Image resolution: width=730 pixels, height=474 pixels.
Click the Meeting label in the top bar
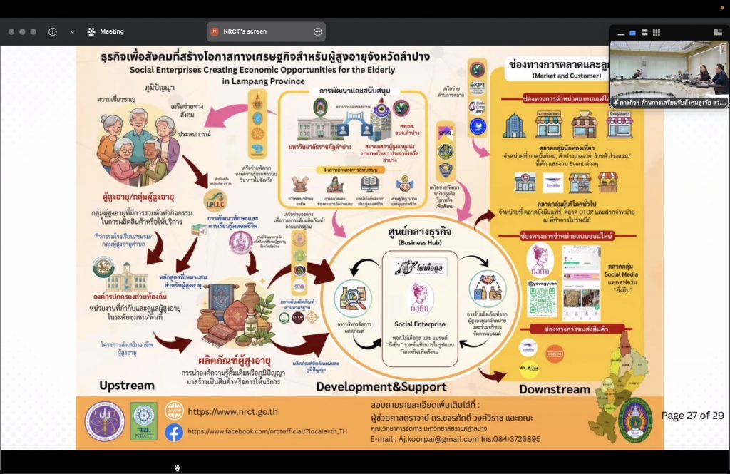point(112,31)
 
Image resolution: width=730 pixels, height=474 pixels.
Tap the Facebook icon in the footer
point(174,432)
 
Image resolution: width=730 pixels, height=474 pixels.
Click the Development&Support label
point(381,387)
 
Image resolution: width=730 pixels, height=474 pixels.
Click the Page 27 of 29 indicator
point(692,416)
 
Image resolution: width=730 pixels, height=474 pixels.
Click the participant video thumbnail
point(669,68)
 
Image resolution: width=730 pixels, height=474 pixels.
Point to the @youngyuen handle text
point(541,282)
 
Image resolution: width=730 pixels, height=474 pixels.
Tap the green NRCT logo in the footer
point(143,421)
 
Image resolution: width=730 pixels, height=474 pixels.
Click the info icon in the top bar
point(52,31)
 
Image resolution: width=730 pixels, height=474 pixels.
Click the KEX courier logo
point(554,351)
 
